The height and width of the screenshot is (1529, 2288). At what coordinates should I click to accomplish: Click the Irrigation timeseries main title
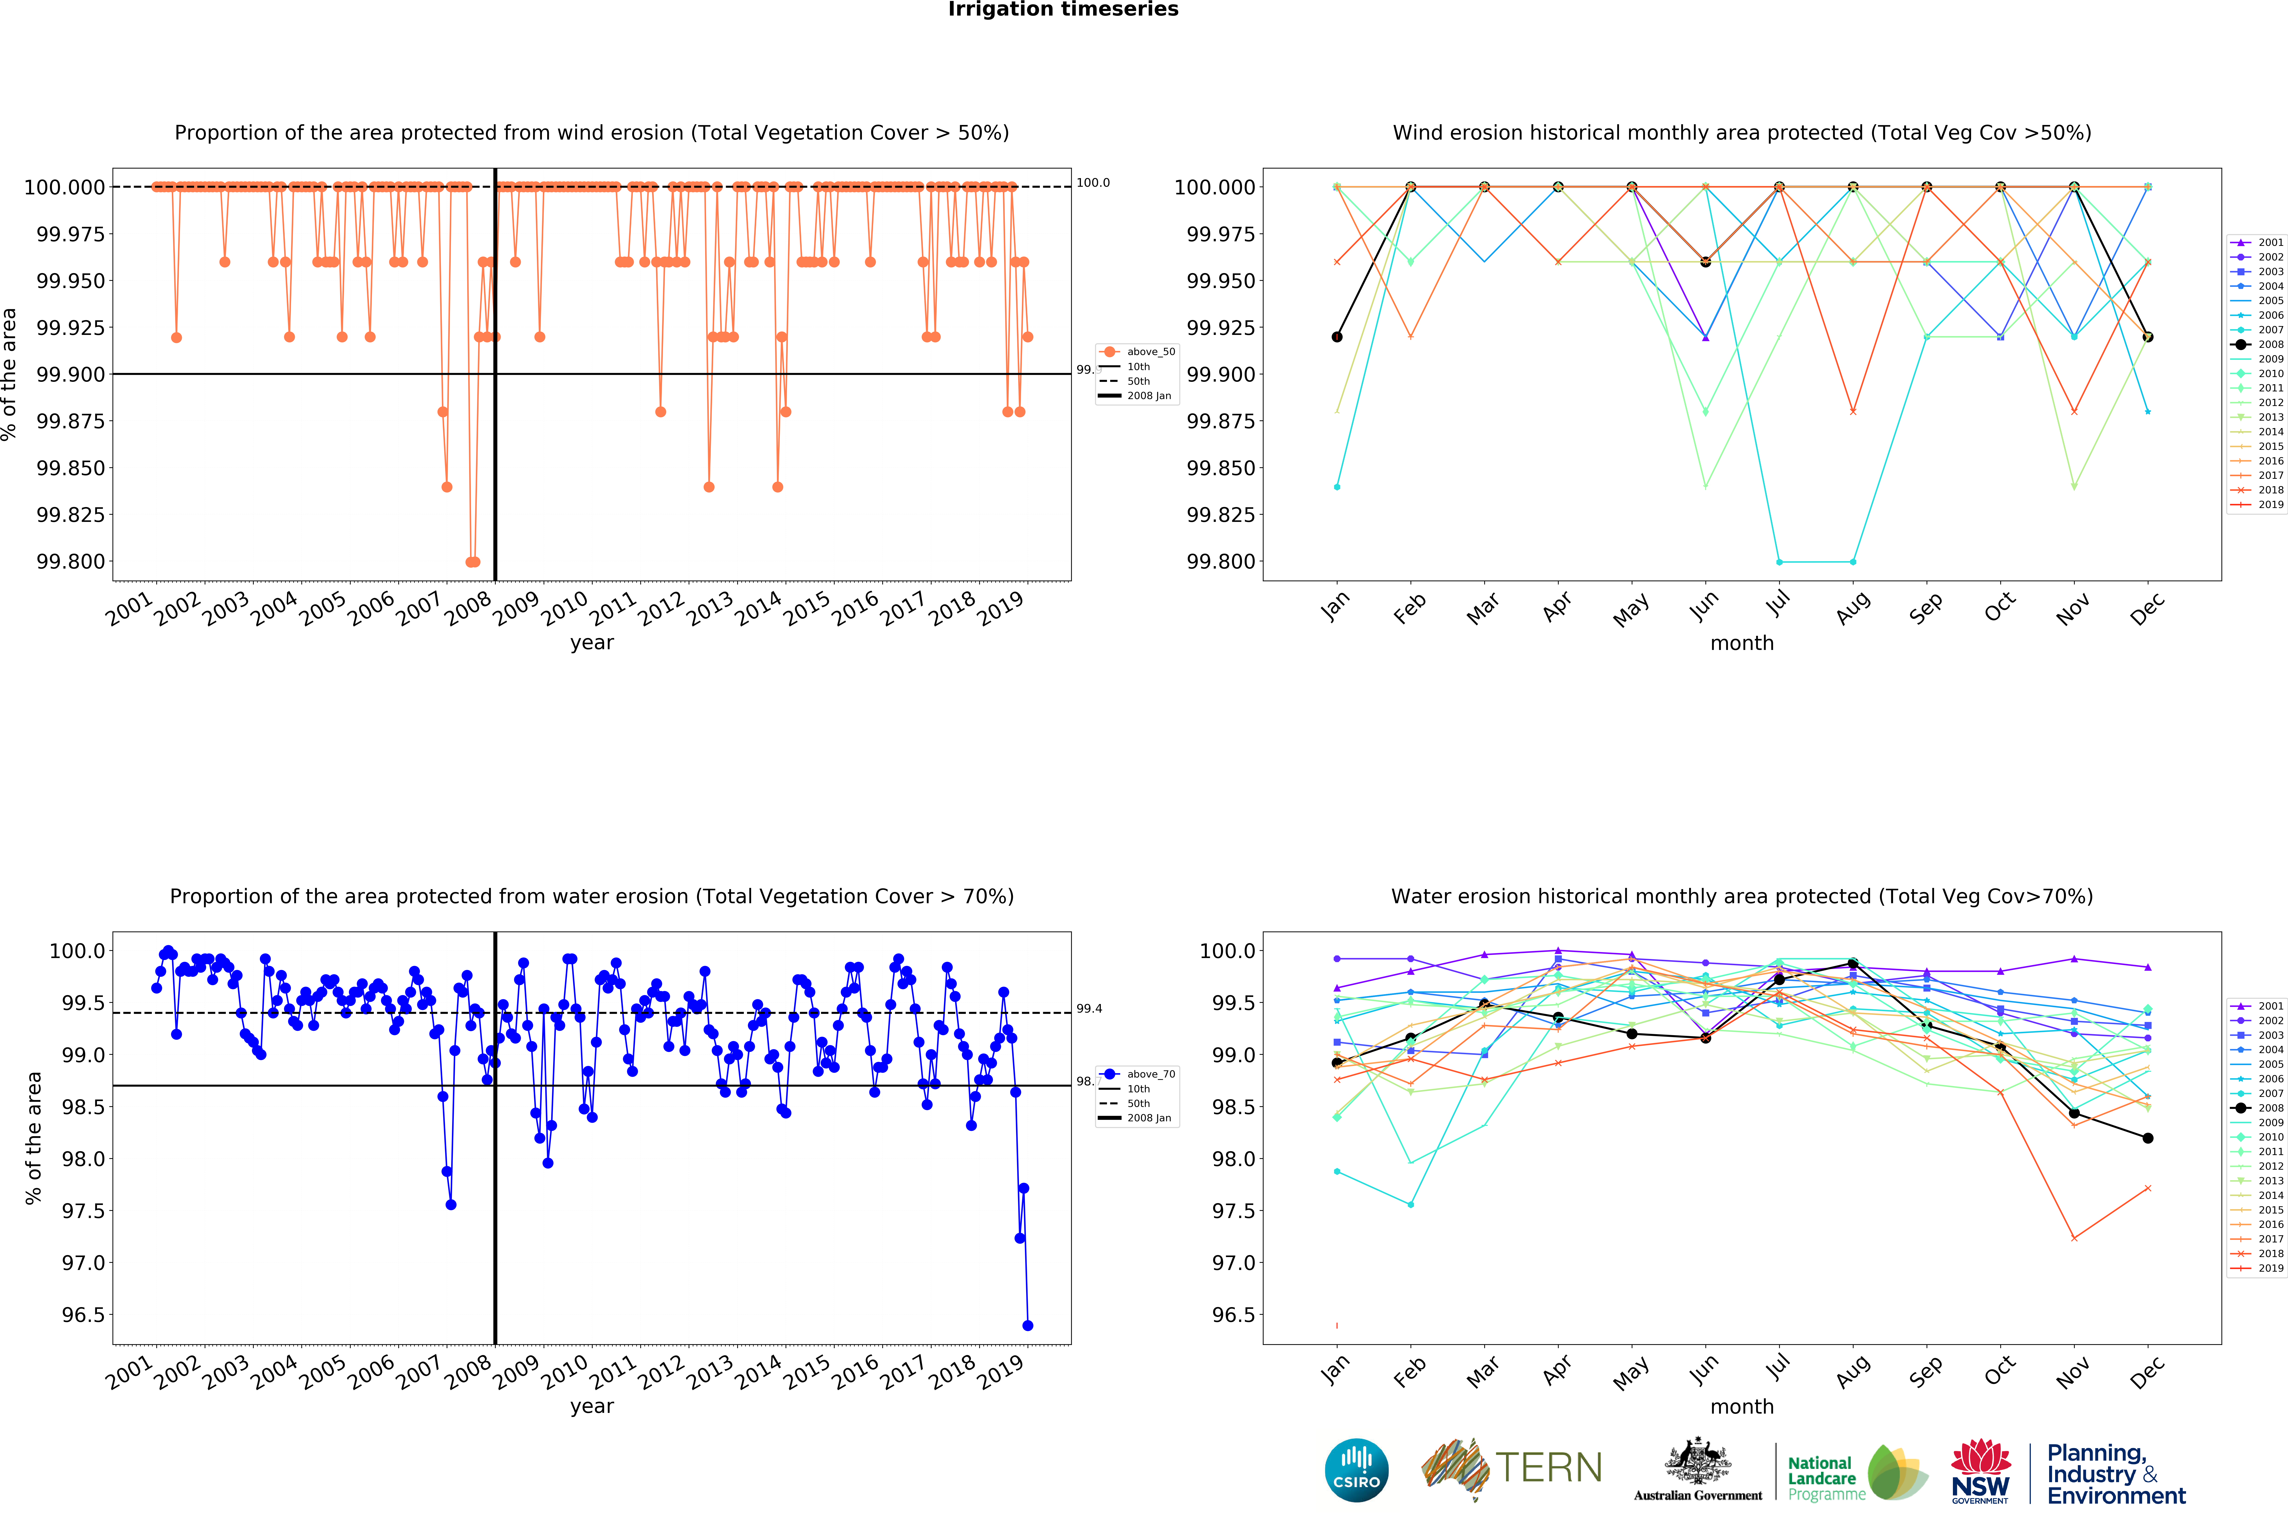pos(1062,10)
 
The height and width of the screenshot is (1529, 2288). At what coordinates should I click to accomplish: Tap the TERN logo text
pos(1548,1467)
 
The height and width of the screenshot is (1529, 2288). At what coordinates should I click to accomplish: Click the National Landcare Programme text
pos(1821,1478)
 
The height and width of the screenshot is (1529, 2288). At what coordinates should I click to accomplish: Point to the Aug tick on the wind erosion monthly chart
pos(1851,607)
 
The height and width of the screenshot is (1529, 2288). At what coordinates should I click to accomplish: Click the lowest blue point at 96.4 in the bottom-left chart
pos(1028,1325)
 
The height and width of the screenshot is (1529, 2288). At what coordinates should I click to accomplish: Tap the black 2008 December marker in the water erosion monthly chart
pos(2148,1138)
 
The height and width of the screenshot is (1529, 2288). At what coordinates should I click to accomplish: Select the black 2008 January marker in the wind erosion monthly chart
pos(1337,337)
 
